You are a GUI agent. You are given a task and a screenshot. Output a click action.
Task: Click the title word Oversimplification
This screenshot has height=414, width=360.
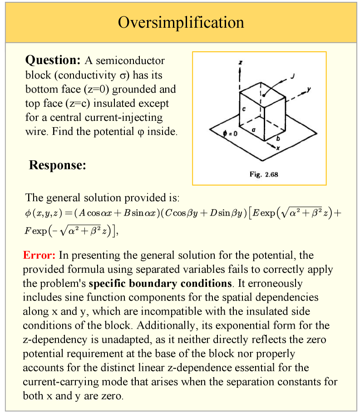click(x=181, y=22)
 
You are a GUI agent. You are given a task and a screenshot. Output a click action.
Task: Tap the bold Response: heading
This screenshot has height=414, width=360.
click(x=57, y=165)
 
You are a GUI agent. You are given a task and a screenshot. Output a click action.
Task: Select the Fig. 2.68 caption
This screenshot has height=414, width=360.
click(x=264, y=174)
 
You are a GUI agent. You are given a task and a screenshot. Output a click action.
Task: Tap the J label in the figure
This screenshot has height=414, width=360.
click(x=292, y=76)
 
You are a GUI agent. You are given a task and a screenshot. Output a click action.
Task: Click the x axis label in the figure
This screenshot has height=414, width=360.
click(x=278, y=148)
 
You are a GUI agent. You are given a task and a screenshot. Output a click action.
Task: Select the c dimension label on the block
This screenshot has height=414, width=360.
click(x=243, y=109)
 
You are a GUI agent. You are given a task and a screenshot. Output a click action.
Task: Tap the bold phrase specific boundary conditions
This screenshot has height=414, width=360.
click(x=160, y=284)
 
